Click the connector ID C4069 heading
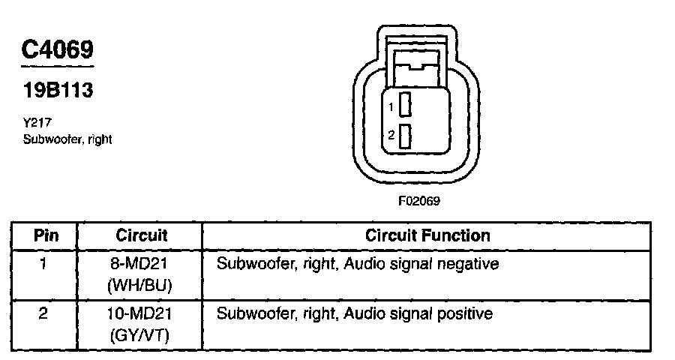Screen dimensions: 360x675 (x=57, y=49)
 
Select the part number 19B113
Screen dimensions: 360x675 (x=57, y=91)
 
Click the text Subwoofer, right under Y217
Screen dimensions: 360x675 (x=67, y=139)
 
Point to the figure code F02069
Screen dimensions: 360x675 (x=418, y=201)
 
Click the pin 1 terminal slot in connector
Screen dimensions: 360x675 (x=406, y=106)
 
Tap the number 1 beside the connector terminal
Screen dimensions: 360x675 (x=391, y=107)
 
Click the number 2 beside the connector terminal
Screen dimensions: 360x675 (x=391, y=136)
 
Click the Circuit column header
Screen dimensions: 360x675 (x=141, y=235)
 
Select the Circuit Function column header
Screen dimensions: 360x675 (x=427, y=235)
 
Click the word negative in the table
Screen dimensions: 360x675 (x=472, y=264)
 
